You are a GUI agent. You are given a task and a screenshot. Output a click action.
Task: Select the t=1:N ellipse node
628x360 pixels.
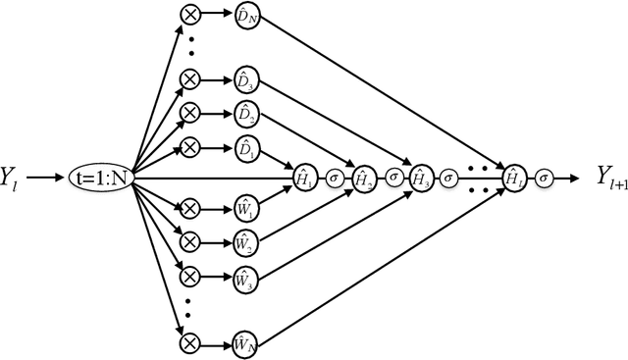(x=101, y=179)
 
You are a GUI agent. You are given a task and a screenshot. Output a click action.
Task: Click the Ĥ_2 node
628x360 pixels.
(x=363, y=179)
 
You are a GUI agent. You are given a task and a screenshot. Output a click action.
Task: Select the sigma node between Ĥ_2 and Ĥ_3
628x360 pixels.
(x=393, y=179)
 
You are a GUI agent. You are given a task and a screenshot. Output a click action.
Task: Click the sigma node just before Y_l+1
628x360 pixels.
(x=546, y=179)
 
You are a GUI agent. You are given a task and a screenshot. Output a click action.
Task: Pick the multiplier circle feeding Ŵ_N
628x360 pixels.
(x=188, y=343)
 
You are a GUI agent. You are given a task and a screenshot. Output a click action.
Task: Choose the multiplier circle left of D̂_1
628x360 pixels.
(x=188, y=146)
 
